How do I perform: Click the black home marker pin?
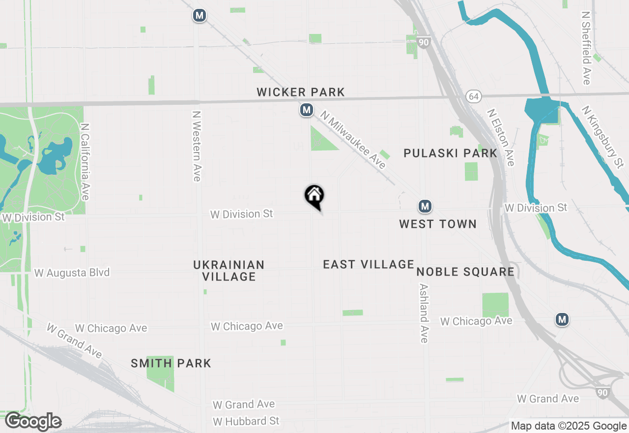pos(314,196)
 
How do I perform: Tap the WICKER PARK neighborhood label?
pos(301,92)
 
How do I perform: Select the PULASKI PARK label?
pos(451,153)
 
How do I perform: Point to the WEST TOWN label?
pos(438,224)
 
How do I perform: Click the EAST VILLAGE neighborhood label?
pos(369,264)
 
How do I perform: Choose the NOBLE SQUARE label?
pos(465,272)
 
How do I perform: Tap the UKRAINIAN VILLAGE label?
pos(229,271)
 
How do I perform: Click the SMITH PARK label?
pos(171,364)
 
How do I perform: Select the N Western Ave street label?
pos(197,146)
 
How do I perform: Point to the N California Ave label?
pos(85,161)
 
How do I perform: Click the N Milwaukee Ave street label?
pos(353,140)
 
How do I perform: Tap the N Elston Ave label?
pos(501,137)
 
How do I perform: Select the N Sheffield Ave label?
pos(586,48)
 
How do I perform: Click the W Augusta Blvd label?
pos(72,273)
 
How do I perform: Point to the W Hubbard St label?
pos(246,421)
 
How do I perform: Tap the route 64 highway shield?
pos(473,96)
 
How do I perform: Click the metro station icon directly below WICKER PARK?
pos(307,110)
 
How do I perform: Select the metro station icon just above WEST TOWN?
pos(425,206)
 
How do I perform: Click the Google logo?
pos(33,422)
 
